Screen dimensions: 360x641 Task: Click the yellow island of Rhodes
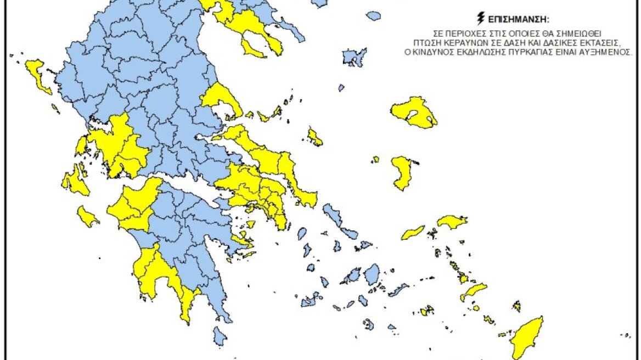coord(528,337)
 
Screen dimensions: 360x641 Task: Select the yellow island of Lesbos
coord(413,114)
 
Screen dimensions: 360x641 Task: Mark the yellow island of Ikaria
coord(413,233)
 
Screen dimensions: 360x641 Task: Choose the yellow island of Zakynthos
coord(87,216)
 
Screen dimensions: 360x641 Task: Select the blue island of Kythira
coord(220,335)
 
